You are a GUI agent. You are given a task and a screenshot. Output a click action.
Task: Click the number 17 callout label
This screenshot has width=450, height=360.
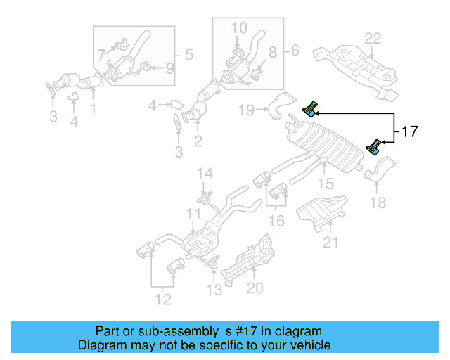[409, 131]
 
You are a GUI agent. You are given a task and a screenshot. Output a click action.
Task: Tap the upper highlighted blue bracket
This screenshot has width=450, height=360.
[310, 109]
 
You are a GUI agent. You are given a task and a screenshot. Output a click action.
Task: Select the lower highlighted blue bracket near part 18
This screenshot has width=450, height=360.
[374, 147]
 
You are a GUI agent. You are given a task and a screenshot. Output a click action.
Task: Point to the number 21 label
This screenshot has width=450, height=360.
[330, 243]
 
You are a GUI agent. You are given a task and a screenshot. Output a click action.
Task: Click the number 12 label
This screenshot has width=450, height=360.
[162, 301]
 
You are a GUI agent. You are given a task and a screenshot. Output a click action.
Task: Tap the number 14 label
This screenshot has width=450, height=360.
[204, 174]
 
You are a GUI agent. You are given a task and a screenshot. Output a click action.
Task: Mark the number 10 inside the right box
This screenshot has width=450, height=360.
[239, 27]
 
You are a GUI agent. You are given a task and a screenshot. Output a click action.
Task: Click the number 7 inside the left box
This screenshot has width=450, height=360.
[101, 53]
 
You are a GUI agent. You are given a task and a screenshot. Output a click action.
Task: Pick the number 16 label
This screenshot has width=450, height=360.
[278, 221]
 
